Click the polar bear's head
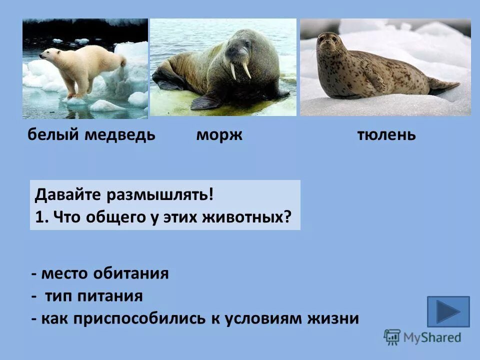pos(47,54)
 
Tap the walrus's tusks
pos(239,69)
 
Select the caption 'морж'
pos(219,135)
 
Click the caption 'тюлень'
pos(386,135)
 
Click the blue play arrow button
pos(448,311)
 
